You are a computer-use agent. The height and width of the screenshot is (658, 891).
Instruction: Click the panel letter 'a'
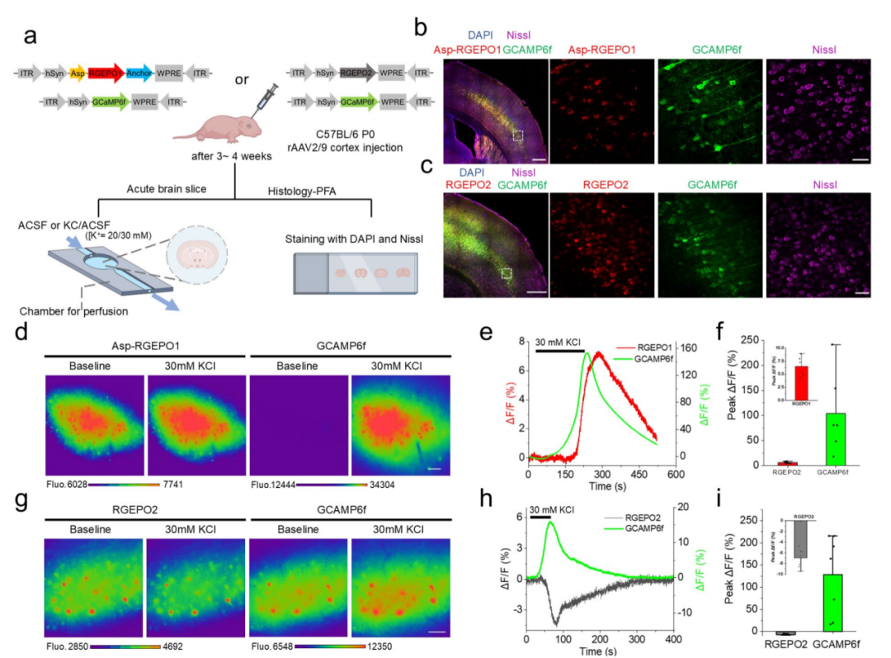(x=31, y=36)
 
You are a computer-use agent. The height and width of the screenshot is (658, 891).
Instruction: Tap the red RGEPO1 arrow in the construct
(x=106, y=73)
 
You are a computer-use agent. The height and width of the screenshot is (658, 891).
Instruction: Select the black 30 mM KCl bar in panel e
(x=561, y=350)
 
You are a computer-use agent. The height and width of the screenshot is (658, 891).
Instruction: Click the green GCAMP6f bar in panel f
(x=835, y=438)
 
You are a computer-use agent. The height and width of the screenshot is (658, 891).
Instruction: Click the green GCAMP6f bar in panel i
(x=835, y=603)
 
